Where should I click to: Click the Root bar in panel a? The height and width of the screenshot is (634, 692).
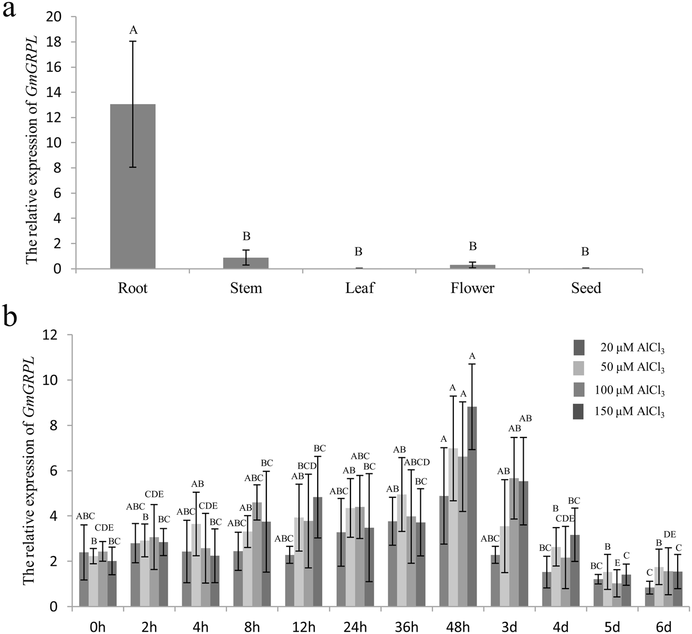pyautogui.click(x=133, y=187)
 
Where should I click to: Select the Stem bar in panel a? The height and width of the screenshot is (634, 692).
pyautogui.click(x=246, y=263)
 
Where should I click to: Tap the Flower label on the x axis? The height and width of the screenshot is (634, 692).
pyautogui.click(x=472, y=288)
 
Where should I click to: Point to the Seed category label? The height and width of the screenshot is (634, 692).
pyautogui.click(x=586, y=288)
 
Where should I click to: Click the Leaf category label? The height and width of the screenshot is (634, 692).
pyautogui.click(x=359, y=288)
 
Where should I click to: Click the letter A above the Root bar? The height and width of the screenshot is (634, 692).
pyautogui.click(x=133, y=30)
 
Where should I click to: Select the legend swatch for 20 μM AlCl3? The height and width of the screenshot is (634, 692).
pyautogui.click(x=579, y=347)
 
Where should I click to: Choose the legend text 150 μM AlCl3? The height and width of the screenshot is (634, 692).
pyautogui.click(x=632, y=411)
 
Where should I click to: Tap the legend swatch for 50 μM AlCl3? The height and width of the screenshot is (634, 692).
pyautogui.click(x=579, y=368)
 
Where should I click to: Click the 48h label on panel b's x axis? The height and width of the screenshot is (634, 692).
pyautogui.click(x=457, y=627)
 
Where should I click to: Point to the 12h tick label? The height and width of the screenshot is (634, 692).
pyautogui.click(x=303, y=627)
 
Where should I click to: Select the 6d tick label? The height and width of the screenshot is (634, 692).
pyautogui.click(x=663, y=627)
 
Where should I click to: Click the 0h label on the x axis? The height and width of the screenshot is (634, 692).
pyautogui.click(x=97, y=627)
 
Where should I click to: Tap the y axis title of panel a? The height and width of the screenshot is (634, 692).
pyautogui.click(x=32, y=142)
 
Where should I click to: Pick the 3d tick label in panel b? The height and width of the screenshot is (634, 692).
pyautogui.click(x=509, y=627)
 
